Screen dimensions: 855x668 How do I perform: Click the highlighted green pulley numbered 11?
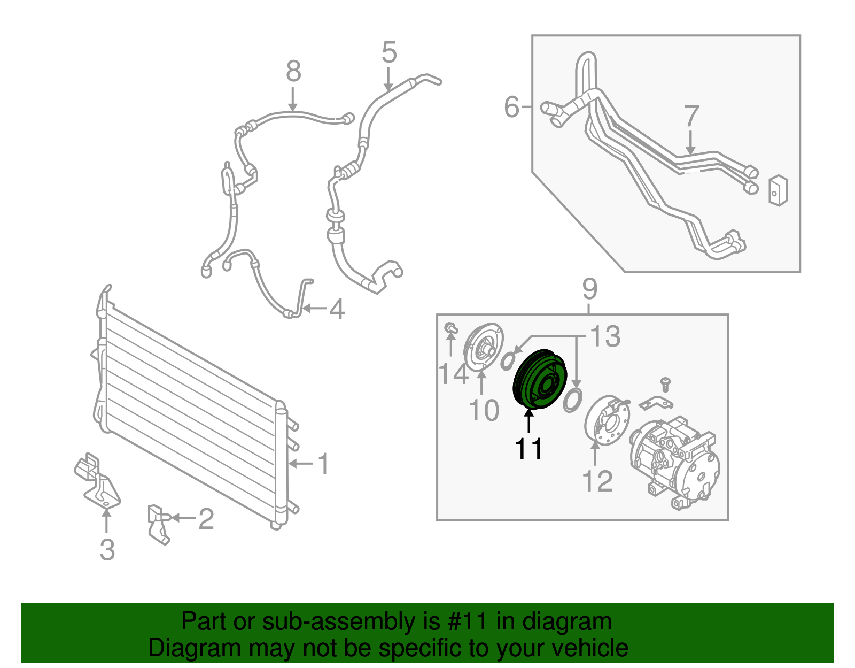(539, 379)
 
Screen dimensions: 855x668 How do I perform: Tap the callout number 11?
(529, 449)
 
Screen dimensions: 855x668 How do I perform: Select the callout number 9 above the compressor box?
(589, 290)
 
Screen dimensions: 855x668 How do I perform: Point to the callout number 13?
(605, 336)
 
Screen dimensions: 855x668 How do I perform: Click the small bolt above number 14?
(450, 328)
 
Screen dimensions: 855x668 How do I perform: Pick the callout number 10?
(484, 410)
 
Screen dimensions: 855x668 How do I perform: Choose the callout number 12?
(597, 481)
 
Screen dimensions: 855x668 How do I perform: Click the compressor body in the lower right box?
(674, 463)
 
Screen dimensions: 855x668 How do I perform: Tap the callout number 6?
(511, 106)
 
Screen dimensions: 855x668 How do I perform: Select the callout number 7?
(691, 116)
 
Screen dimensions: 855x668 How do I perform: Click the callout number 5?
(388, 52)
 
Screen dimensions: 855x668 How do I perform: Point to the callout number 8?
(293, 72)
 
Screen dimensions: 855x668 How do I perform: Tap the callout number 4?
(337, 309)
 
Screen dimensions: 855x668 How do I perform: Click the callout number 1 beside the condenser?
(323, 464)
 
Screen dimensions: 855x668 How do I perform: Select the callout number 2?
(206, 518)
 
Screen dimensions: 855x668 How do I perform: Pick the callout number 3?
(107, 549)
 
